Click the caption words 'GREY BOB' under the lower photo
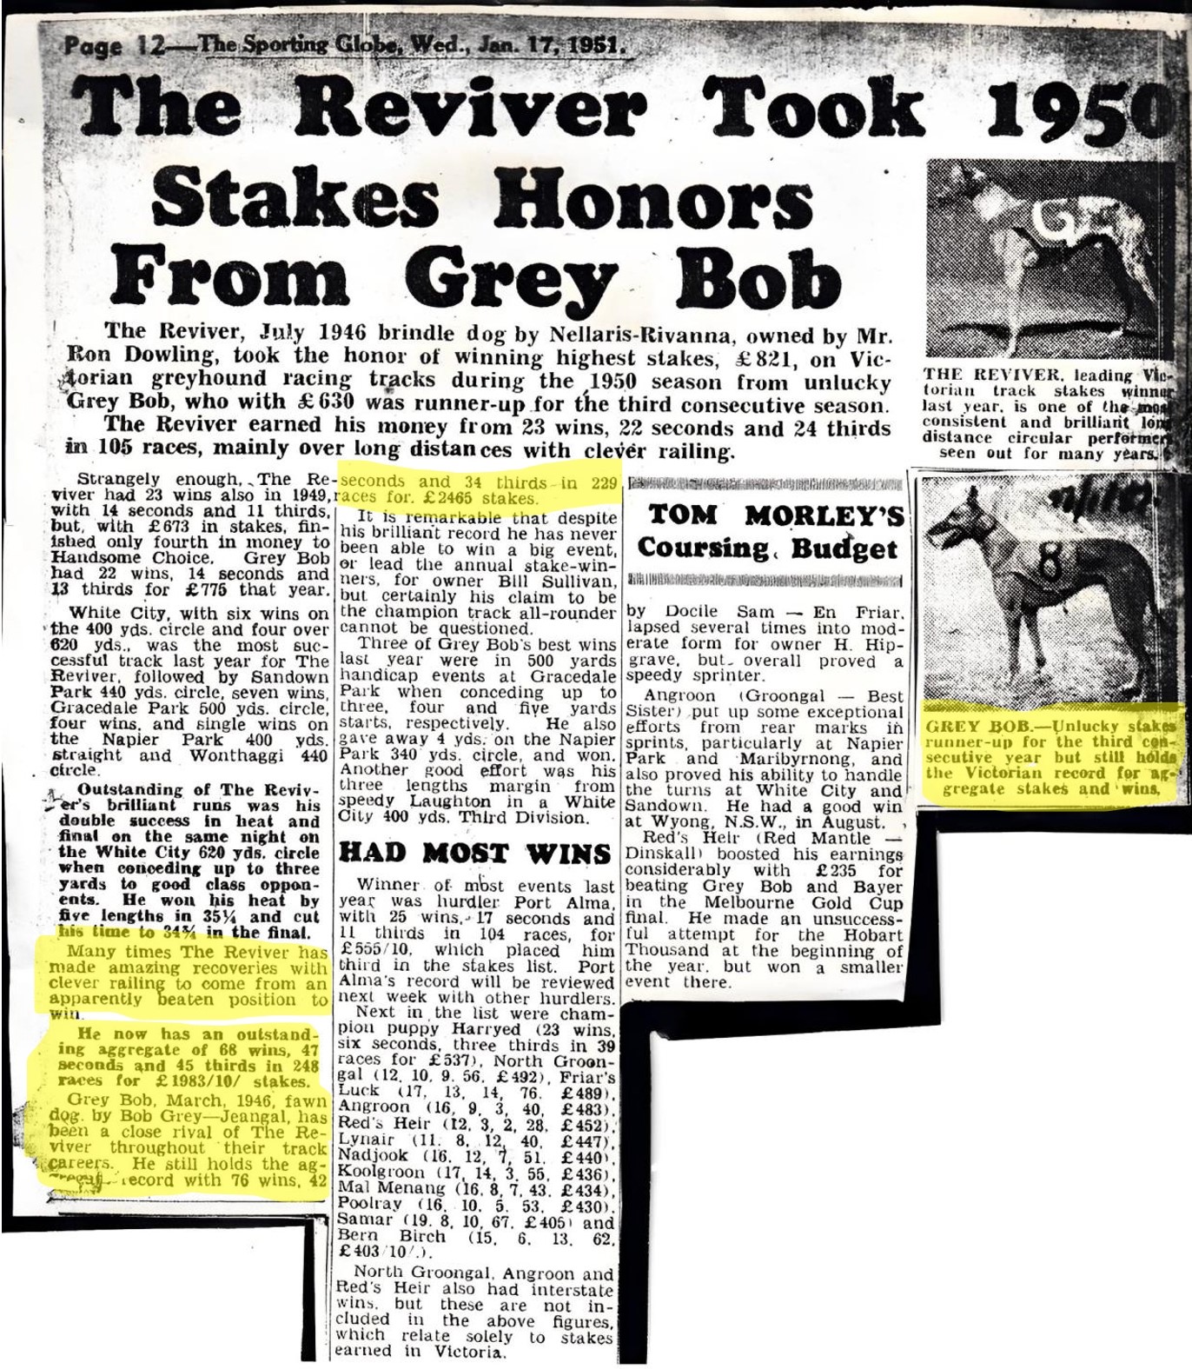click(966, 726)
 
